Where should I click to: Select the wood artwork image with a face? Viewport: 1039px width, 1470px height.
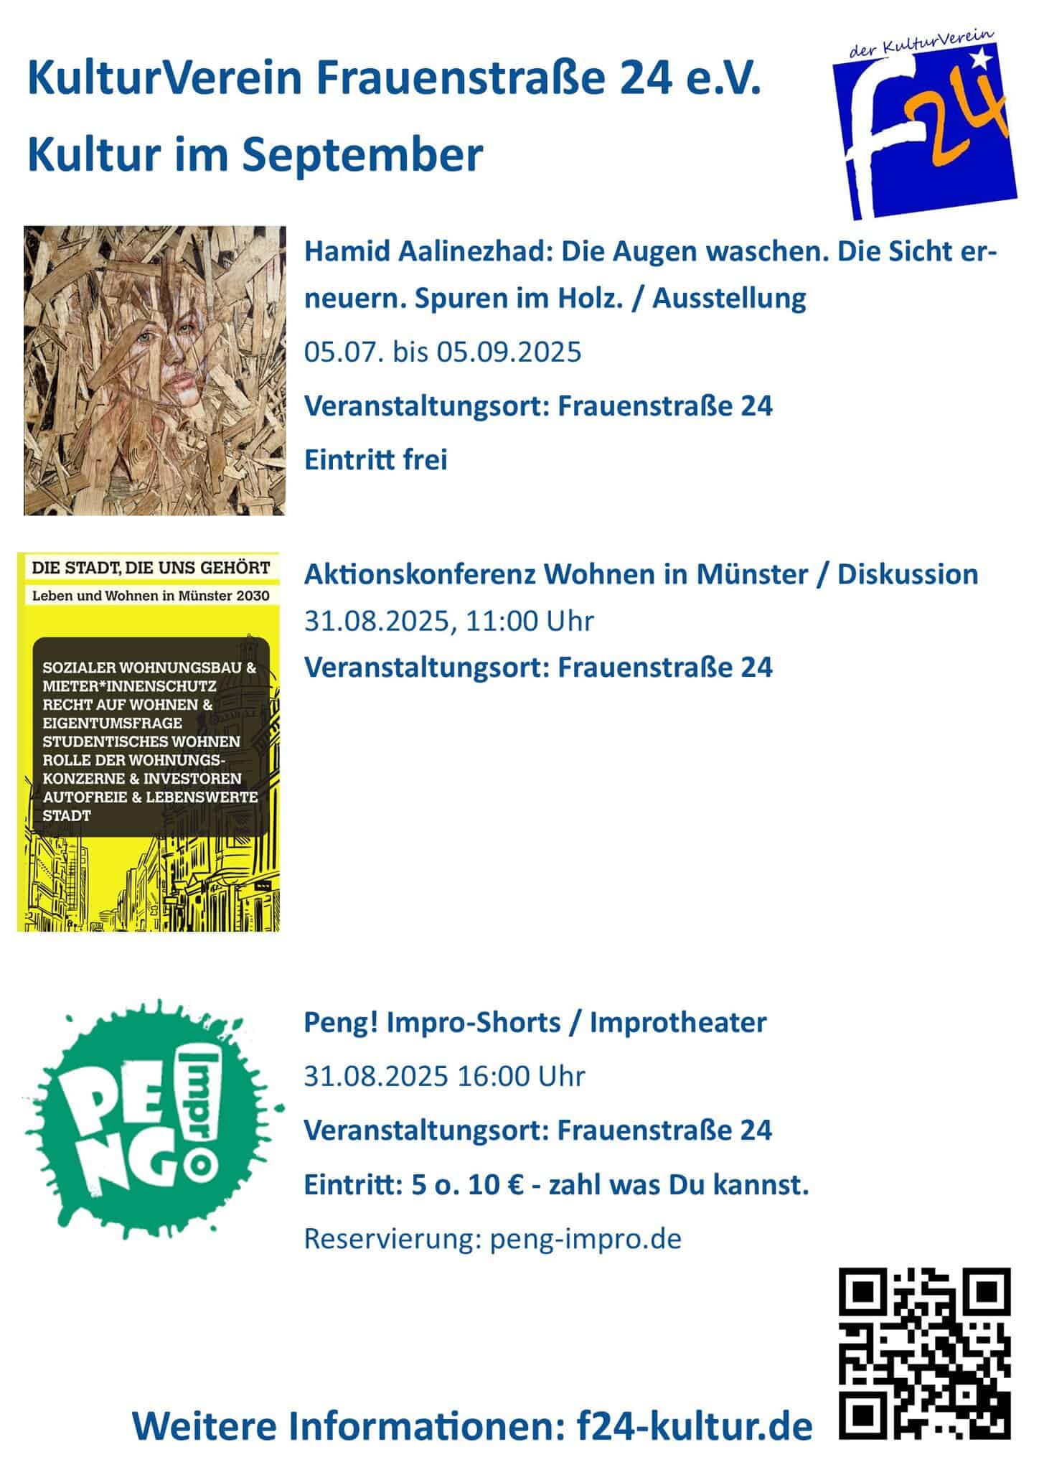154,370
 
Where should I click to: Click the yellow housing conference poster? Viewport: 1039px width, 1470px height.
149,741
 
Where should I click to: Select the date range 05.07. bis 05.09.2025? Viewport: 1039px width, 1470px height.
443,352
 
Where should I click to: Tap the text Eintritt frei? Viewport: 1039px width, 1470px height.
375,459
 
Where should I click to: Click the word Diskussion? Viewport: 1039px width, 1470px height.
908,574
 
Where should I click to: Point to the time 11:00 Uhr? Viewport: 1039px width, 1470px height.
530,621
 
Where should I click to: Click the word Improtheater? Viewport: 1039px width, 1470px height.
678,1022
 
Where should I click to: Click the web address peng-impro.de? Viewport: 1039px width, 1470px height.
586,1238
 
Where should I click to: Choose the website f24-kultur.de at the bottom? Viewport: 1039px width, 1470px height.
695,1427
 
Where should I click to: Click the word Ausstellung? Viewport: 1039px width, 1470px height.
729,298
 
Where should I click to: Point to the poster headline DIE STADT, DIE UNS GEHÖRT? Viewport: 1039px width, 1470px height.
151,568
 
